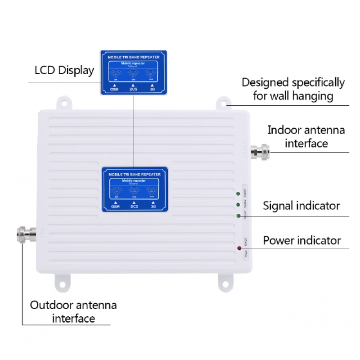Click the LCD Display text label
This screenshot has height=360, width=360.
pos(65,70)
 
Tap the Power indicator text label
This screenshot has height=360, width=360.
pos(301,240)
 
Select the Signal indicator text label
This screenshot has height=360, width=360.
pos(301,206)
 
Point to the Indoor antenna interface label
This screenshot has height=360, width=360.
pos(306,136)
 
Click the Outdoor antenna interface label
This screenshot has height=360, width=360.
pos(73,311)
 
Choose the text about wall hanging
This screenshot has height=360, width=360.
pos(293,89)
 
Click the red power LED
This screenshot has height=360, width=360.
pos(238,248)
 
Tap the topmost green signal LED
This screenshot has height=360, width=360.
pos(238,194)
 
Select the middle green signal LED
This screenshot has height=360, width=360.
pos(238,205)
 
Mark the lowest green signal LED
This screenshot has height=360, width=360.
pos(238,216)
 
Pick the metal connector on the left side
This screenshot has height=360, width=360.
pos(27,233)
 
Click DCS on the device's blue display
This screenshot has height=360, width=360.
pos(134,206)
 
